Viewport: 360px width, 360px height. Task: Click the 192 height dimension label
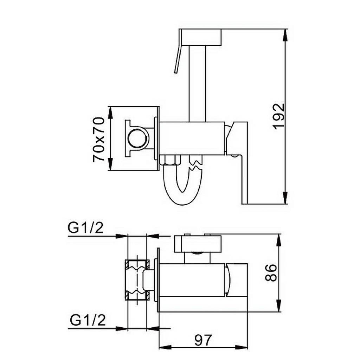click(x=279, y=116)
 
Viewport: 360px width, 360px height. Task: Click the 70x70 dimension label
click(x=98, y=139)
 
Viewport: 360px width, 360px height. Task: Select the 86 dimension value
click(x=271, y=273)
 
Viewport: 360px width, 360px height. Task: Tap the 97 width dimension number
click(x=203, y=340)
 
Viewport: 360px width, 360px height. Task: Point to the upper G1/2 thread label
click(x=85, y=228)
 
